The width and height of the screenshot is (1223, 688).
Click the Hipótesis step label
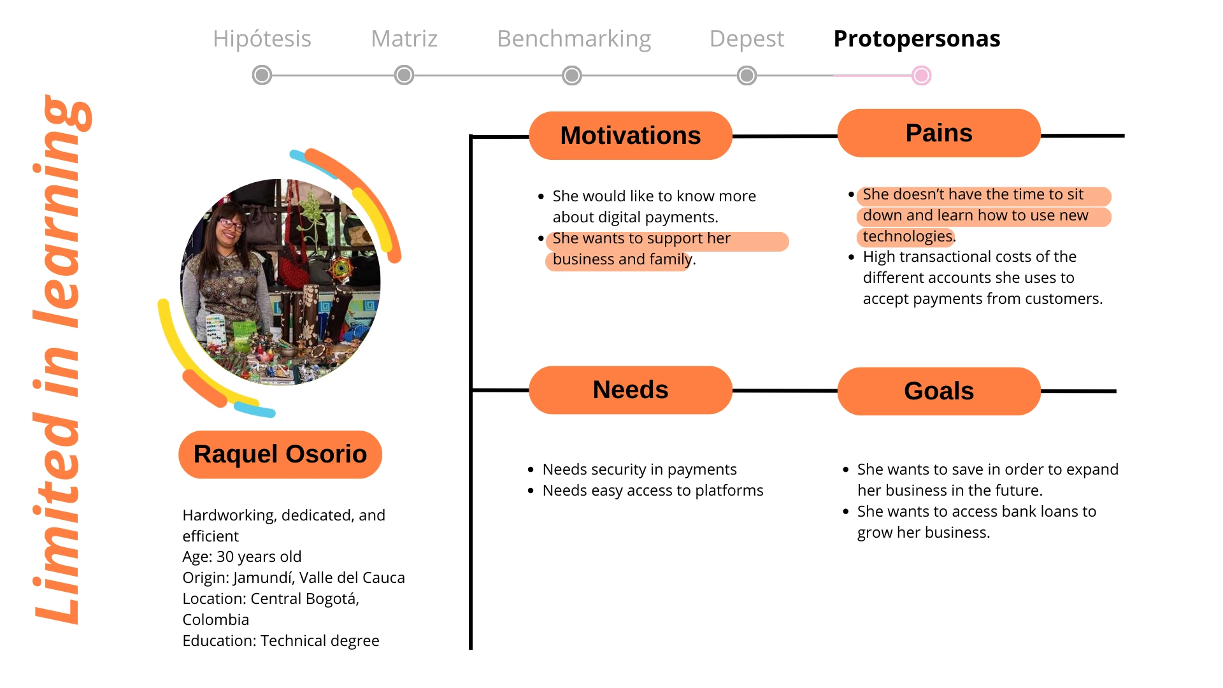(262, 39)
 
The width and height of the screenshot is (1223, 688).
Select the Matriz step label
(404, 39)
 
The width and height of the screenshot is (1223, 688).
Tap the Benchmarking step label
(574, 39)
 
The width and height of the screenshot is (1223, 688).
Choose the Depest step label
(747, 39)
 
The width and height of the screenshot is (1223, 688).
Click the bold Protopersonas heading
(917, 39)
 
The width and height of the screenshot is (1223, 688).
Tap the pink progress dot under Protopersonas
(921, 76)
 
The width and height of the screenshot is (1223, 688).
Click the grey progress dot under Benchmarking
(572, 76)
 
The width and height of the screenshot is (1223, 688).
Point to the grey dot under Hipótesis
(262, 75)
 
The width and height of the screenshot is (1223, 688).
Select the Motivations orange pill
(630, 136)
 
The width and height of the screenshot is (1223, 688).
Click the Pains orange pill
(939, 133)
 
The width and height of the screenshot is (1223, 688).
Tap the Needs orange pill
(630, 390)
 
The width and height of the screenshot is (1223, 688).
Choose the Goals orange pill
(939, 391)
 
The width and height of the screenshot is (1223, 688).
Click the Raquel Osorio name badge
(280, 454)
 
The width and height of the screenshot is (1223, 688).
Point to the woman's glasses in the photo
(231, 224)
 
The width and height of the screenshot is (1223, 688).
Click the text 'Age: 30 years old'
(242, 557)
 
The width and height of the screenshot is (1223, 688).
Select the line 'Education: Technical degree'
(281, 641)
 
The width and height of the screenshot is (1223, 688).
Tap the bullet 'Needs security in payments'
(640, 469)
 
